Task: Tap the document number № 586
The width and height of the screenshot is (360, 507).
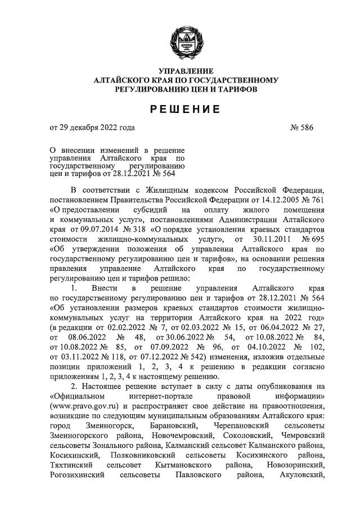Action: tap(301, 128)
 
